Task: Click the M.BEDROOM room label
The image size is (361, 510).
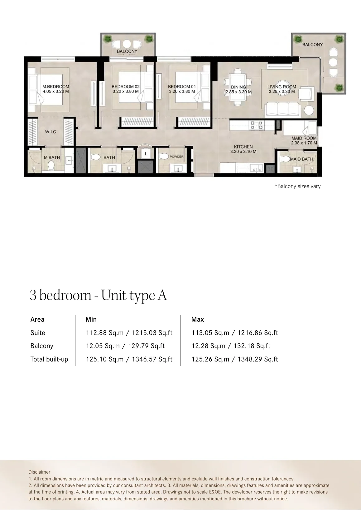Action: click(x=55, y=87)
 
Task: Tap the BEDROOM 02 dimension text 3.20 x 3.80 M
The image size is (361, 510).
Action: click(x=126, y=92)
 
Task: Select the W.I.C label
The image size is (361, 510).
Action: click(x=51, y=132)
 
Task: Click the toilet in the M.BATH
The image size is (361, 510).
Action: click(x=51, y=165)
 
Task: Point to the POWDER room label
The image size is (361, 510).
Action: click(x=177, y=157)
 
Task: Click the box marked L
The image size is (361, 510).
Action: click(x=146, y=154)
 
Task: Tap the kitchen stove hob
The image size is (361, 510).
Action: click(x=257, y=125)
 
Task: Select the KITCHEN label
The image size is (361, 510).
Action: click(x=243, y=147)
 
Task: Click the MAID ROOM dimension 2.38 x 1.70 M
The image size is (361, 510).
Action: click(x=304, y=143)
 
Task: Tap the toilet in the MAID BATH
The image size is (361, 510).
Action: click(x=285, y=159)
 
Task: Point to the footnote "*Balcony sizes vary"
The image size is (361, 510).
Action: click(x=298, y=186)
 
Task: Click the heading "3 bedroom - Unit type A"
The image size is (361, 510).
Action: click(x=98, y=295)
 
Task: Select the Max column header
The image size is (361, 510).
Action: click(x=198, y=319)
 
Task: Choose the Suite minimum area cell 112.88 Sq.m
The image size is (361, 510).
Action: click(x=105, y=333)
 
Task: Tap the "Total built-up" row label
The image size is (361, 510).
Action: click(x=49, y=359)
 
